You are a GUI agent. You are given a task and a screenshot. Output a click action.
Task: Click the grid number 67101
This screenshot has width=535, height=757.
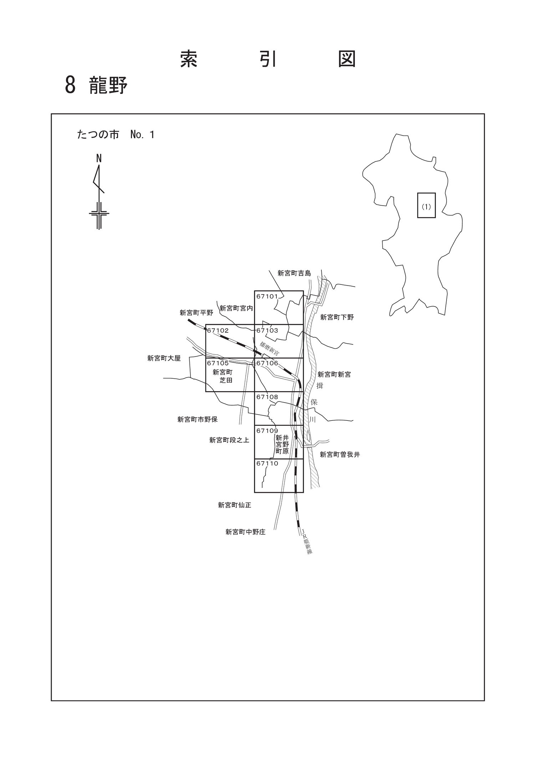tap(267, 296)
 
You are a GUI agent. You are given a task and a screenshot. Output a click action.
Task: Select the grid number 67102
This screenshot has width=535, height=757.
tap(218, 330)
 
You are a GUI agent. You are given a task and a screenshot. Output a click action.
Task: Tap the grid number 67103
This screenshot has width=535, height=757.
tap(267, 330)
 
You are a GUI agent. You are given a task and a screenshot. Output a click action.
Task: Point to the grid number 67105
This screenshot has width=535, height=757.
tap(218, 363)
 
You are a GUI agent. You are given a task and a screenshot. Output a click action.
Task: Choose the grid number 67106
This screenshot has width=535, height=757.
tap(267, 363)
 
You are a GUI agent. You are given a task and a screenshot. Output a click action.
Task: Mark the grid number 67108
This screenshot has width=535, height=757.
tap(267, 397)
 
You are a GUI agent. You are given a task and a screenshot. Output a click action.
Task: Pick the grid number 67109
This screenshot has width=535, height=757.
tap(267, 431)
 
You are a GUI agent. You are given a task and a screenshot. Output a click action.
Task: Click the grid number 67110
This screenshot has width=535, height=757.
tap(267, 464)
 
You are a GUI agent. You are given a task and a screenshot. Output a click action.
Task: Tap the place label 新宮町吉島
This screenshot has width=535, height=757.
tap(294, 273)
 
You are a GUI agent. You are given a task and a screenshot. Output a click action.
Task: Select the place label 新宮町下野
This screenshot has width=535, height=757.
tap(337, 317)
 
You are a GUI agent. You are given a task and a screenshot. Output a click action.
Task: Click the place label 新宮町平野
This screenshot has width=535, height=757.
tap(197, 313)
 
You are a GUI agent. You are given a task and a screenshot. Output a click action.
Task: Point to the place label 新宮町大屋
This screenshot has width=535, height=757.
tap(164, 358)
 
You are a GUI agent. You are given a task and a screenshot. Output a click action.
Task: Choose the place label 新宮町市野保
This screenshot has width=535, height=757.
tap(198, 420)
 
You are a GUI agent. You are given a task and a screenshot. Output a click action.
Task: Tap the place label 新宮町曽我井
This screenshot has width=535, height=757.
tap(340, 455)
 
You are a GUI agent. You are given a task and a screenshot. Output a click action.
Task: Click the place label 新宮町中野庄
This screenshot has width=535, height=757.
tap(245, 532)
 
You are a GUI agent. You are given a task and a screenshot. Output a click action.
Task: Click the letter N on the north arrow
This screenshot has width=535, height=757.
tap(99, 158)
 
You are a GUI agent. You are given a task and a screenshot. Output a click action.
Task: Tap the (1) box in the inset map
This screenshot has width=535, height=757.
tap(427, 205)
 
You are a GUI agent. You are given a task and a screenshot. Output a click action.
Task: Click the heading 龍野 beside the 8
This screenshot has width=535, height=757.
tap(108, 85)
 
